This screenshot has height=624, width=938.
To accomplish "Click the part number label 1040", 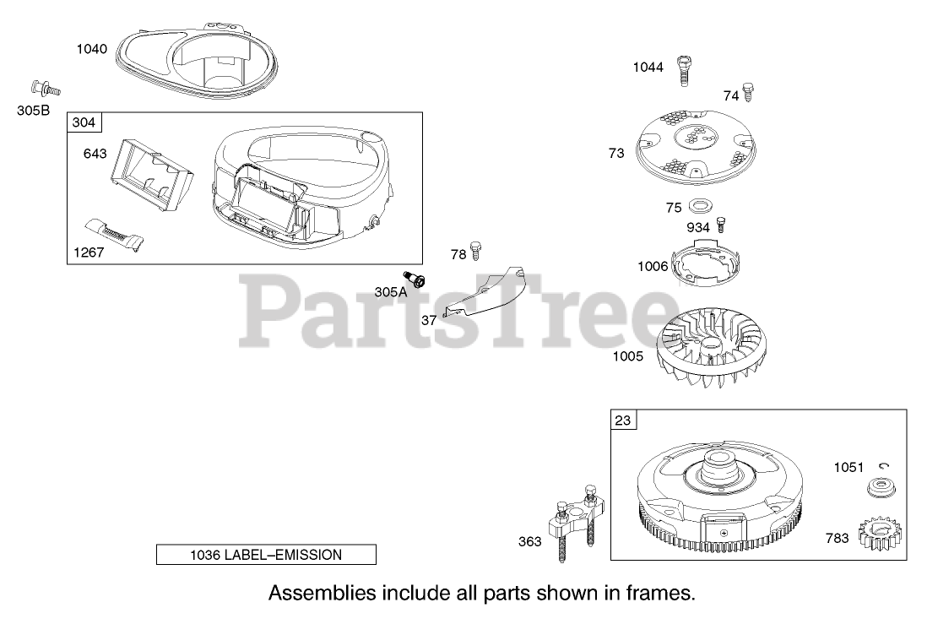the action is pos(92,49).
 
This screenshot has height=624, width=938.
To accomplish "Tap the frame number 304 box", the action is pos(84,122).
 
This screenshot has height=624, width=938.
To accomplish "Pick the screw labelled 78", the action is pos(477,250).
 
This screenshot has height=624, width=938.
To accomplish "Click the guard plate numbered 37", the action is pos(485,293).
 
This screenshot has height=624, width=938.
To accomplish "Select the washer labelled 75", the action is pos(700,207).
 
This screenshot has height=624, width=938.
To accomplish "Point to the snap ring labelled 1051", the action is pos(883,465).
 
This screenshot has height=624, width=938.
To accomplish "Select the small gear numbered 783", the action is pos(880,536).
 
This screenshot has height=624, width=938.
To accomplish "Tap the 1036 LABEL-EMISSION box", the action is pos(266,555).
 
